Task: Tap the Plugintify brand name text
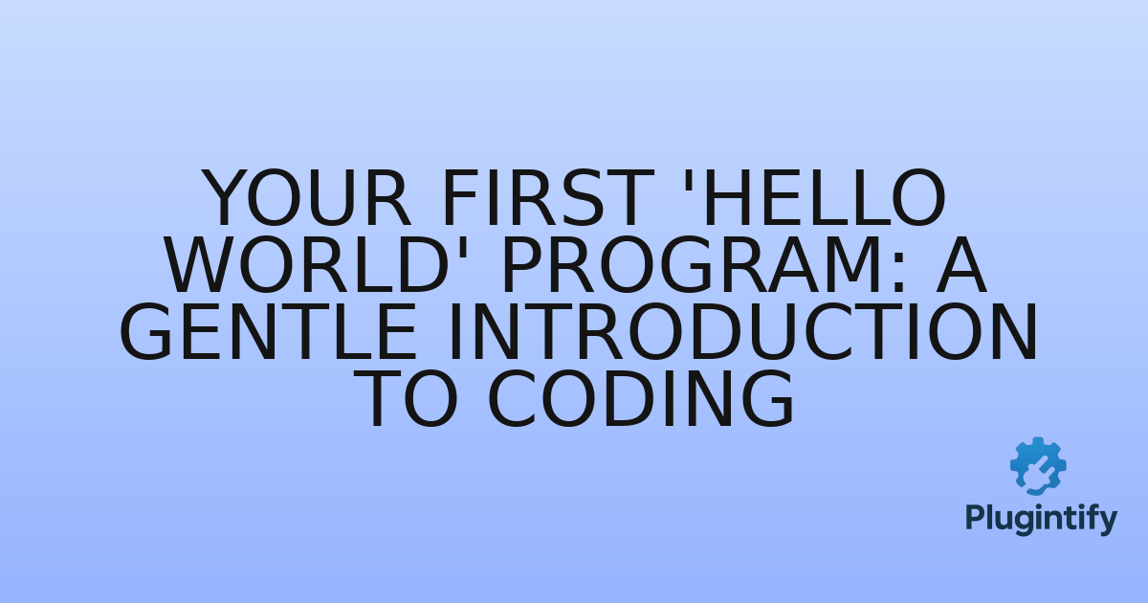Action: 1040,519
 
